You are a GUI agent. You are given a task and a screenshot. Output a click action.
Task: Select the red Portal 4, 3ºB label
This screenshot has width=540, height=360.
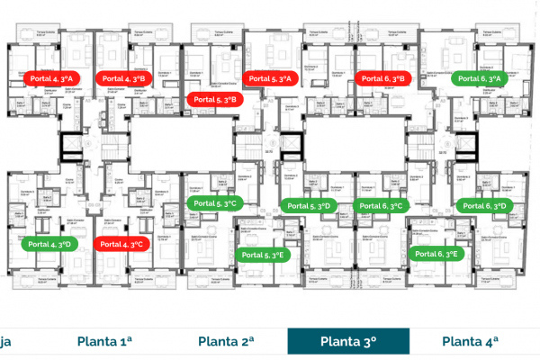[121, 78]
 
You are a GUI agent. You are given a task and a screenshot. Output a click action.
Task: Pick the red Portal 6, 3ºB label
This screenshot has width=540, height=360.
[384, 78]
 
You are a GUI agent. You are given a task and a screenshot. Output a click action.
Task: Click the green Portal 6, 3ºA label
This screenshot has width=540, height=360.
[483, 78]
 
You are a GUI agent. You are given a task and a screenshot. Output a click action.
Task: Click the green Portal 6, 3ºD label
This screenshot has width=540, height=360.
[483, 206]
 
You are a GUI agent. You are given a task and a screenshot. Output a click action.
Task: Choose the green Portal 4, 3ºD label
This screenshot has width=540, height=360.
[51, 244]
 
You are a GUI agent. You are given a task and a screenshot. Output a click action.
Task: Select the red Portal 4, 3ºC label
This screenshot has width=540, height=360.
[121, 244]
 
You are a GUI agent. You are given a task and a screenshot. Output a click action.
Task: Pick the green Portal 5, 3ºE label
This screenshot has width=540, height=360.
[264, 255]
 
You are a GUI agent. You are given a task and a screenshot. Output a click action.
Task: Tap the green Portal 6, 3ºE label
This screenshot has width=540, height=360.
[437, 255]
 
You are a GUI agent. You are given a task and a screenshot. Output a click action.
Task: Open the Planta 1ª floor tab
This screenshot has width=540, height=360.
[105, 341]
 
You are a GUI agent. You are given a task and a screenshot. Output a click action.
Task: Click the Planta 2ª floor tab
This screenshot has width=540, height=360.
[225, 341]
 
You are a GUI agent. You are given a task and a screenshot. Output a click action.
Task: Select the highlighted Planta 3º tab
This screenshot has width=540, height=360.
[347, 341]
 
